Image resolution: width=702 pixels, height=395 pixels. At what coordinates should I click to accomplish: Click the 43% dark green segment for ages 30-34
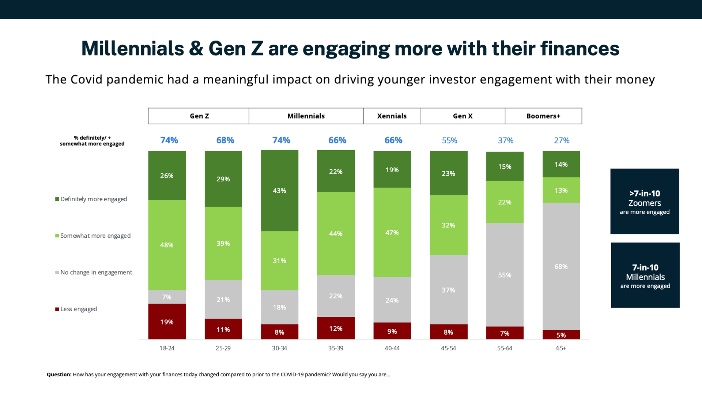tap(279, 191)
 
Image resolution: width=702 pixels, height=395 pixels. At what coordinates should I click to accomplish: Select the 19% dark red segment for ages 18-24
tap(167, 321)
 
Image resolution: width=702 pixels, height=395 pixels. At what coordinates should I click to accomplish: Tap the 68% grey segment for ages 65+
tap(561, 266)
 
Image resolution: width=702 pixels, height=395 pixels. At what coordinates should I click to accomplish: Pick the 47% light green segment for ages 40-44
tap(392, 232)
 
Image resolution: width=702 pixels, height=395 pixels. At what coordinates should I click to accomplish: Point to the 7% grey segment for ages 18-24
tap(167, 297)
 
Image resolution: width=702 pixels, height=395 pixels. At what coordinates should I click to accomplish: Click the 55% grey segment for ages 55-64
tap(505, 275)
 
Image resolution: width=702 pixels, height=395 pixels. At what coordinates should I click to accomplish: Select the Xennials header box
tap(392, 116)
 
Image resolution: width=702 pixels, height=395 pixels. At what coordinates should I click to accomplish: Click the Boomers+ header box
tap(543, 116)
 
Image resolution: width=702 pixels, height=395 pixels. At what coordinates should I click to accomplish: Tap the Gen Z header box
tap(199, 116)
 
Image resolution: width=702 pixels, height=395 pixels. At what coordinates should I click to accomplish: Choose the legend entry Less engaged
tap(78, 309)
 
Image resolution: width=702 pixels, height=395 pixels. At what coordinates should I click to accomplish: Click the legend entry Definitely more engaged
tap(93, 199)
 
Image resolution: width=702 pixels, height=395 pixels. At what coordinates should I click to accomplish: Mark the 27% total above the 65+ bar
tap(561, 140)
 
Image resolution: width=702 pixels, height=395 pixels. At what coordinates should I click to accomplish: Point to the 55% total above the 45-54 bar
tap(449, 140)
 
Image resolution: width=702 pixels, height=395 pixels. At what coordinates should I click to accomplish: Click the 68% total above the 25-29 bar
tap(225, 140)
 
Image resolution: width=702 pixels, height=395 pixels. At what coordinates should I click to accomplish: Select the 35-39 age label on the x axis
tap(335, 348)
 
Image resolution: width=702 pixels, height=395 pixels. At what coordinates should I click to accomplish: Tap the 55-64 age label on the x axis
tap(505, 348)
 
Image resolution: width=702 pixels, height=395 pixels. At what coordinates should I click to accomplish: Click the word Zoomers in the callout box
tap(645, 203)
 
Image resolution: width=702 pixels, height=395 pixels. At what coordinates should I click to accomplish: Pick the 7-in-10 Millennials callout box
tap(645, 275)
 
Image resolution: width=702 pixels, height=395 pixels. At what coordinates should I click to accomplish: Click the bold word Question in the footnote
tap(59, 375)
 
